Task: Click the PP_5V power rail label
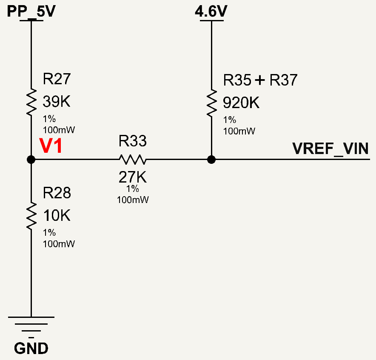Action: point(31,11)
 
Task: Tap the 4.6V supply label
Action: point(211,11)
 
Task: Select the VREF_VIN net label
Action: point(330,149)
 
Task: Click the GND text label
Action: point(31,348)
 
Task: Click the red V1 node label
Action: point(51,146)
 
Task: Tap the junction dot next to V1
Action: point(31,160)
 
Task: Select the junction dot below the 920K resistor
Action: point(211,160)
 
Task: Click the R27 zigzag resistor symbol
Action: point(31,102)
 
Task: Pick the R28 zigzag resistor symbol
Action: point(31,216)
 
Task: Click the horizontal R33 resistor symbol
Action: point(133,160)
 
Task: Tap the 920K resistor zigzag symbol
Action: point(211,103)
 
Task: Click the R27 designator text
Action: point(57,79)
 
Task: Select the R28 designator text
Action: point(57,193)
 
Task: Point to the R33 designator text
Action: point(133,141)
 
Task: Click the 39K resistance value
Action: point(57,101)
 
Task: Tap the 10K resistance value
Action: point(57,215)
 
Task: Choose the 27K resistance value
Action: point(133,177)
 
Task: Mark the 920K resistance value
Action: point(241,103)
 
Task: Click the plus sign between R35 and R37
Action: point(260,80)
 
